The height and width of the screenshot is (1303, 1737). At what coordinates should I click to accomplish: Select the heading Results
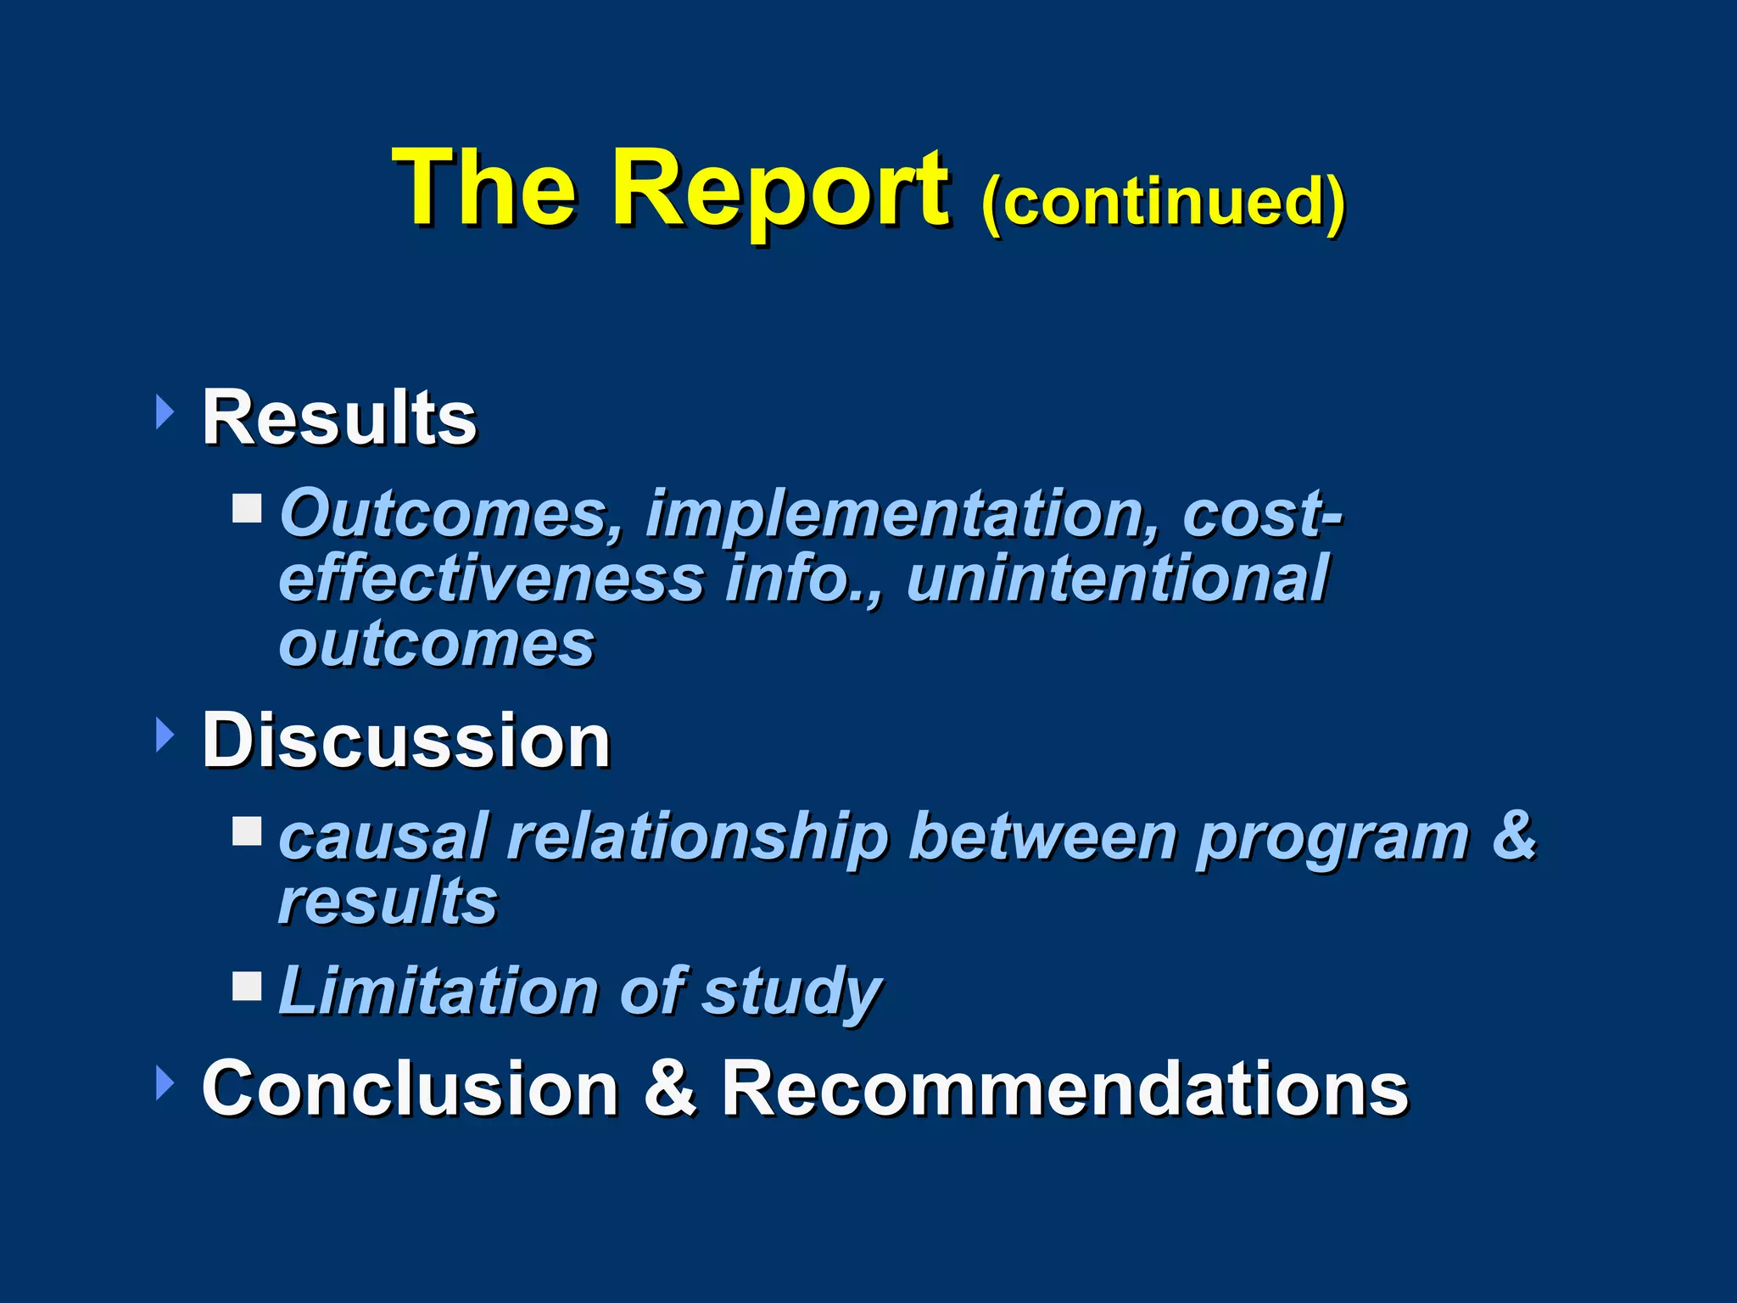click(339, 417)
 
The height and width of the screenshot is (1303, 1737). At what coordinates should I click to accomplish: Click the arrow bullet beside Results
click(165, 413)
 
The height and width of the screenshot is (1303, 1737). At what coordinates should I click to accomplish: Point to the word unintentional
click(1116, 579)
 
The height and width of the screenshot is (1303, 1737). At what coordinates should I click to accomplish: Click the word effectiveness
click(492, 579)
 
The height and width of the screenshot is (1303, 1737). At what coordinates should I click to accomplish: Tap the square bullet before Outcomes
click(248, 509)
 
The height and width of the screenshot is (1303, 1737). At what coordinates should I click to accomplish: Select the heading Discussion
click(405, 741)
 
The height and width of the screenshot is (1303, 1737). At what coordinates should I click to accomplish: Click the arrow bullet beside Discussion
click(165, 735)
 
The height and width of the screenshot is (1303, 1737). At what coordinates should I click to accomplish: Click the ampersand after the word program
click(1513, 835)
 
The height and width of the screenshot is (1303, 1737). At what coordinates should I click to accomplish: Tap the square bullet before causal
click(248, 831)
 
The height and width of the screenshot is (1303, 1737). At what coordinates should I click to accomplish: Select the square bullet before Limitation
click(248, 986)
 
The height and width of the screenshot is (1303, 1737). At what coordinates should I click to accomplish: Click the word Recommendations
click(1064, 1089)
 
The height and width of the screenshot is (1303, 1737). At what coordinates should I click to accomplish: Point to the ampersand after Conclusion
click(670, 1089)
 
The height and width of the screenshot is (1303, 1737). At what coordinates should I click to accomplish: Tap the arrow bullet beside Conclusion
click(165, 1084)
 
